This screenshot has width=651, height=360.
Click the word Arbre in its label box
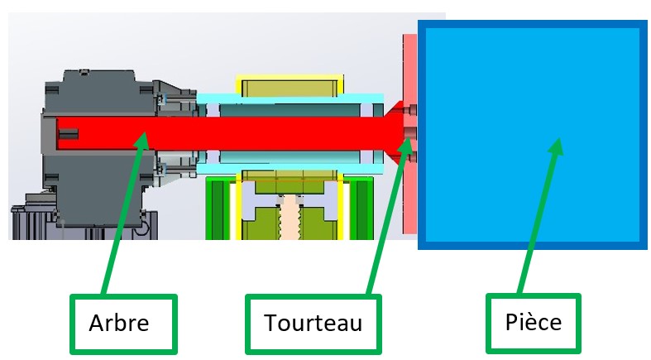click(x=119, y=323)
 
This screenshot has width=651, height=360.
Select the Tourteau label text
click(x=313, y=323)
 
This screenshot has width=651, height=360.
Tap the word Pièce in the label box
click(x=533, y=321)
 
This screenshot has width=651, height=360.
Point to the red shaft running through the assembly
click(x=248, y=131)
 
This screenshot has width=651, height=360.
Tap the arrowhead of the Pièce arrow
click(x=556, y=147)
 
